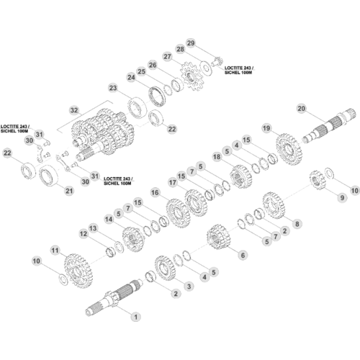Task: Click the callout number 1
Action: [x=136, y=317]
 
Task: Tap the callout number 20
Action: [x=302, y=109]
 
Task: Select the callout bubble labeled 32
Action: [x=74, y=110]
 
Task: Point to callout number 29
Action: [x=191, y=43]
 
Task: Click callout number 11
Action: [x=55, y=251]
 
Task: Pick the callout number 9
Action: [x=342, y=198]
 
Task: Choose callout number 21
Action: [x=69, y=191]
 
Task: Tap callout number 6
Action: [x=243, y=255]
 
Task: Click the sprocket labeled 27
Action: [x=192, y=76]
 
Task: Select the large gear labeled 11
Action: [x=78, y=271]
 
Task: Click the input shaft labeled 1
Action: [x=114, y=297]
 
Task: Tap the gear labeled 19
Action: [x=289, y=149]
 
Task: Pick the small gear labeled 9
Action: [x=317, y=179]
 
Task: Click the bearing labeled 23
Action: [x=137, y=107]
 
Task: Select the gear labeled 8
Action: [x=273, y=205]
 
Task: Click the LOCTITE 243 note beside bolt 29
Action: [x=239, y=70]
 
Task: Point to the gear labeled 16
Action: [x=178, y=213]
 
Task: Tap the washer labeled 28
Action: [x=206, y=68]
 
